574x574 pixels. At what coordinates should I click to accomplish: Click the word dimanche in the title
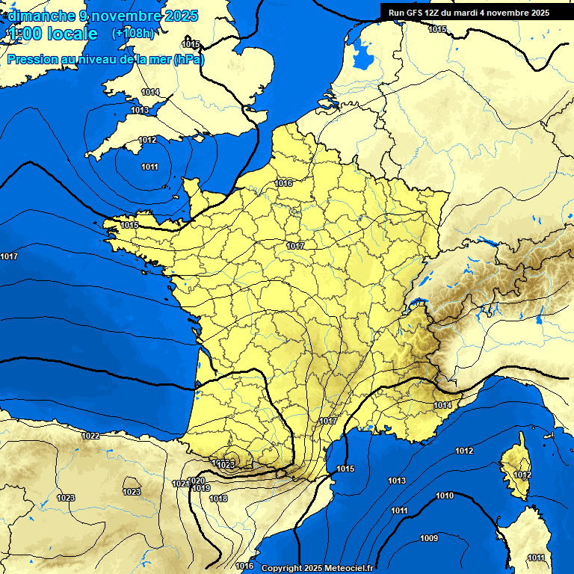pos(41,16)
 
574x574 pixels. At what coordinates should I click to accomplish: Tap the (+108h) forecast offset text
pos(134,34)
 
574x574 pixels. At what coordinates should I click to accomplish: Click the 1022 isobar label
pos(91,436)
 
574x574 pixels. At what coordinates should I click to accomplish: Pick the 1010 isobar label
pos(445,496)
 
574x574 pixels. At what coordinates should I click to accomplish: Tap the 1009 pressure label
pos(428,539)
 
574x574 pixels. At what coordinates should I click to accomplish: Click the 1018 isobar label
pos(218,499)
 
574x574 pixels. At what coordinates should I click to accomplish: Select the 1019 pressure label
pos(201,488)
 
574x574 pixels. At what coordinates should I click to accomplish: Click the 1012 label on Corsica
pos(522,475)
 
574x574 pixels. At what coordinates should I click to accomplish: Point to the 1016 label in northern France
pos(283,183)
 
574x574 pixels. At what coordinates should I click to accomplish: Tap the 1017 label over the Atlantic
pos(9,257)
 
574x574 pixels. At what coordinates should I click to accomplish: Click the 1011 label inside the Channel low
pos(149,166)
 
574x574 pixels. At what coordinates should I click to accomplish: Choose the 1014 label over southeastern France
pos(442,405)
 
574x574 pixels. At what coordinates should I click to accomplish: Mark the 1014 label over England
pos(150,92)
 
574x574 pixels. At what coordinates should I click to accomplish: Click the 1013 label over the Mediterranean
pos(397,481)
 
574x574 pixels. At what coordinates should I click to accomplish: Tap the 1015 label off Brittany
pos(130,225)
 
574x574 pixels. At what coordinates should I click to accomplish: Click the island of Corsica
pos(516,467)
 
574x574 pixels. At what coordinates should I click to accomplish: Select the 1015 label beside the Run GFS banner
pos(437,29)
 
